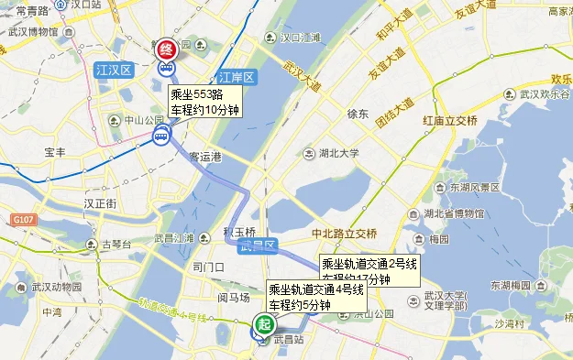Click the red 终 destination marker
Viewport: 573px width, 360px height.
tap(167, 50)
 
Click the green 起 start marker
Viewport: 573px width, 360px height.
tap(264, 323)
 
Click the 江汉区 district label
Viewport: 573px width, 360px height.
tap(115, 70)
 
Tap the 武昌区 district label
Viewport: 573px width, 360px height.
tap(250, 246)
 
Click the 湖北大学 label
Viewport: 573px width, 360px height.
tap(339, 153)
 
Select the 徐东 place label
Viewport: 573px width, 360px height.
tap(358, 115)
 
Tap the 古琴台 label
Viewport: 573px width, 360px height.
tap(116, 245)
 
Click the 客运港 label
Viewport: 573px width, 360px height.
tap(205, 157)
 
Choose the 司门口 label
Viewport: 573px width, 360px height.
tap(209, 267)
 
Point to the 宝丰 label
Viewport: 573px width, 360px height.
tap(55, 152)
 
